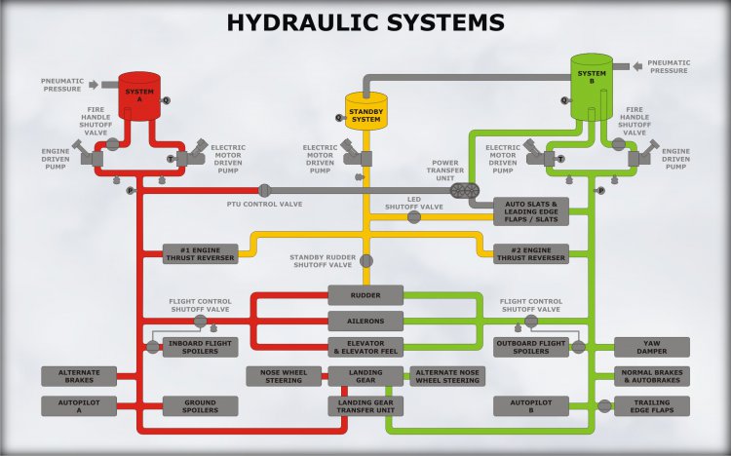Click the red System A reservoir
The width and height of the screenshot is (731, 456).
pyautogui.click(x=139, y=96)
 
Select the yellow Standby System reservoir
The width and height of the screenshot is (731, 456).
pyautogui.click(x=365, y=111)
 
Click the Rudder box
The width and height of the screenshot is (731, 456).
pyautogui.click(x=365, y=295)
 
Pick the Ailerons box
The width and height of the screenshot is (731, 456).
pyautogui.click(x=365, y=322)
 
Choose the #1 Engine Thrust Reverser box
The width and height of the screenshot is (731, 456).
pyautogui.click(x=201, y=254)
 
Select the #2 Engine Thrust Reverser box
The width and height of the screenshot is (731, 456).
pyautogui.click(x=531, y=254)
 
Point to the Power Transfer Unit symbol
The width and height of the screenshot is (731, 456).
pyautogui.click(x=465, y=190)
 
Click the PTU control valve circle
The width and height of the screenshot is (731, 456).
pyautogui.click(x=264, y=190)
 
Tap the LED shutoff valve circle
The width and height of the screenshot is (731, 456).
pyautogui.click(x=414, y=217)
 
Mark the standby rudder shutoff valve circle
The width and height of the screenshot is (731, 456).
pyautogui.click(x=366, y=261)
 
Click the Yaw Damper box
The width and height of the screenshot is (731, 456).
pyautogui.click(x=652, y=348)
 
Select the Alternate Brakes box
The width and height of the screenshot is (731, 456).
pyautogui.click(x=79, y=376)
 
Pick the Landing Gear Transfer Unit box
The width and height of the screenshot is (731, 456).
pyautogui.click(x=365, y=406)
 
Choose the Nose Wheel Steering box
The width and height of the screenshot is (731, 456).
pyautogui.click(x=284, y=376)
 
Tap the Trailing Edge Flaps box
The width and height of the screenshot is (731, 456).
pyautogui.click(x=652, y=406)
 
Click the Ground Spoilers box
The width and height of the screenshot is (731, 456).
pyautogui.click(x=201, y=406)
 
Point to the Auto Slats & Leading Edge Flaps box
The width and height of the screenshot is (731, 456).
pyautogui.click(x=531, y=211)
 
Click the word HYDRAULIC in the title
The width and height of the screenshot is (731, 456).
pyautogui.click(x=302, y=22)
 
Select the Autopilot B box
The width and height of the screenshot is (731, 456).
pyautogui.click(x=531, y=406)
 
